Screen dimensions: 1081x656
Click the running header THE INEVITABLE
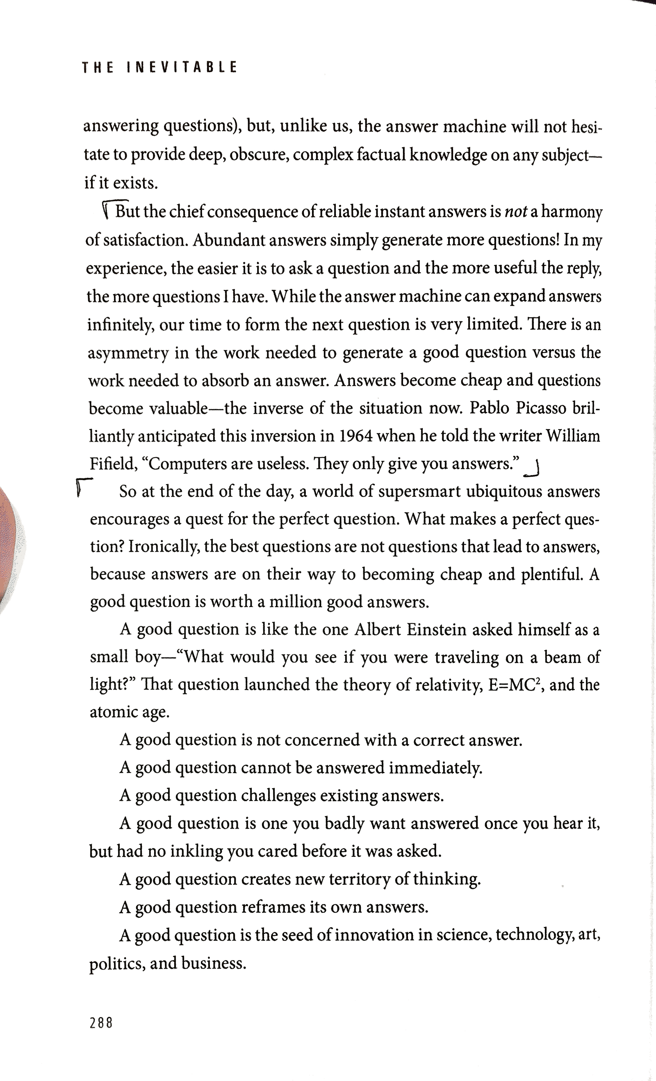159,67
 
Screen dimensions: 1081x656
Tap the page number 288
101,1023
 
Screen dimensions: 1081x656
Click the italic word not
516,212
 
